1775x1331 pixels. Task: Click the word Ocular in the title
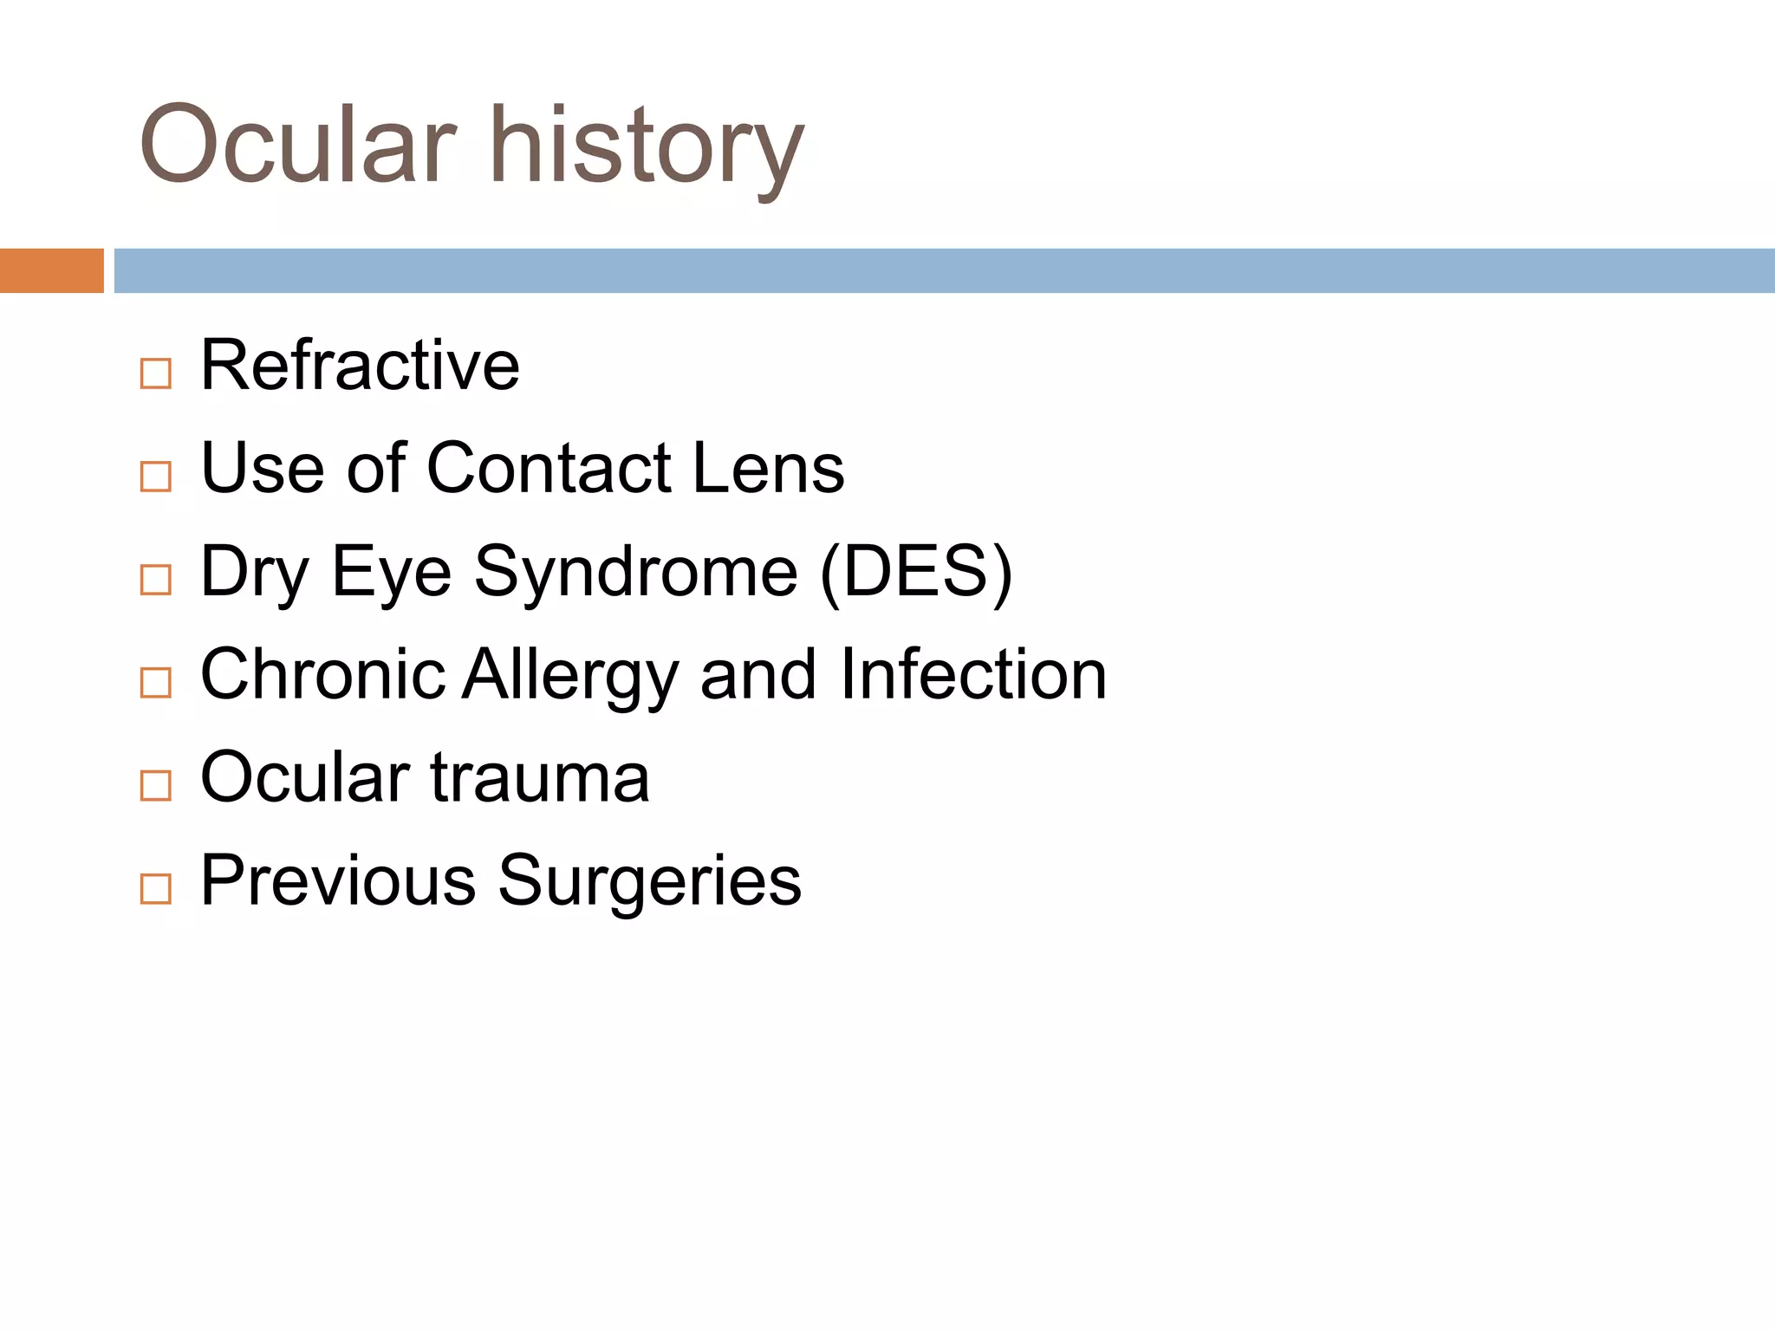297,145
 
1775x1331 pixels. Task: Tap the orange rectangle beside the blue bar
51,270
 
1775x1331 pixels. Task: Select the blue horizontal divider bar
944,270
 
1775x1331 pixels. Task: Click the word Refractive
360,366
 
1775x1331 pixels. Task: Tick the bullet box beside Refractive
156,373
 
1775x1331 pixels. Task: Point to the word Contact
549,469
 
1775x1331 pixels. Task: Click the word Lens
768,469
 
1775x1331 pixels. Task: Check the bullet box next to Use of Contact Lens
156,477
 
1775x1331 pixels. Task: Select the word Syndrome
635,572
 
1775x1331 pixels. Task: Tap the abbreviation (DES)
916,572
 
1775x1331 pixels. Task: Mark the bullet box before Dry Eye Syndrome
156,580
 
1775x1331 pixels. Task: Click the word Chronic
322,674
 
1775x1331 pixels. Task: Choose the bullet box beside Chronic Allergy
156,683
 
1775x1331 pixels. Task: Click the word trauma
539,777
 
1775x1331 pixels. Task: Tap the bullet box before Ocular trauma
156,785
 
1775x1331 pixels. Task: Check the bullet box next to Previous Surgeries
156,888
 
